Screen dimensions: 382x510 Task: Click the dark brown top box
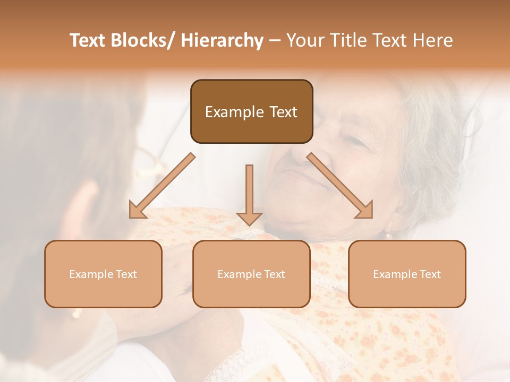pos(251,111)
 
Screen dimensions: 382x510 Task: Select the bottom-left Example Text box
pos(103,274)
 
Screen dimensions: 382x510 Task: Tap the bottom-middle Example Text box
pos(251,274)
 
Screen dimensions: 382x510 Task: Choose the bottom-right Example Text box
pos(407,274)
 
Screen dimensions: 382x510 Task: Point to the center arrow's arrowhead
pos(249,218)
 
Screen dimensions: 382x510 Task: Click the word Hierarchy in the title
pos(222,40)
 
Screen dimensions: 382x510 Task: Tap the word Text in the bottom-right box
pos(430,274)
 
